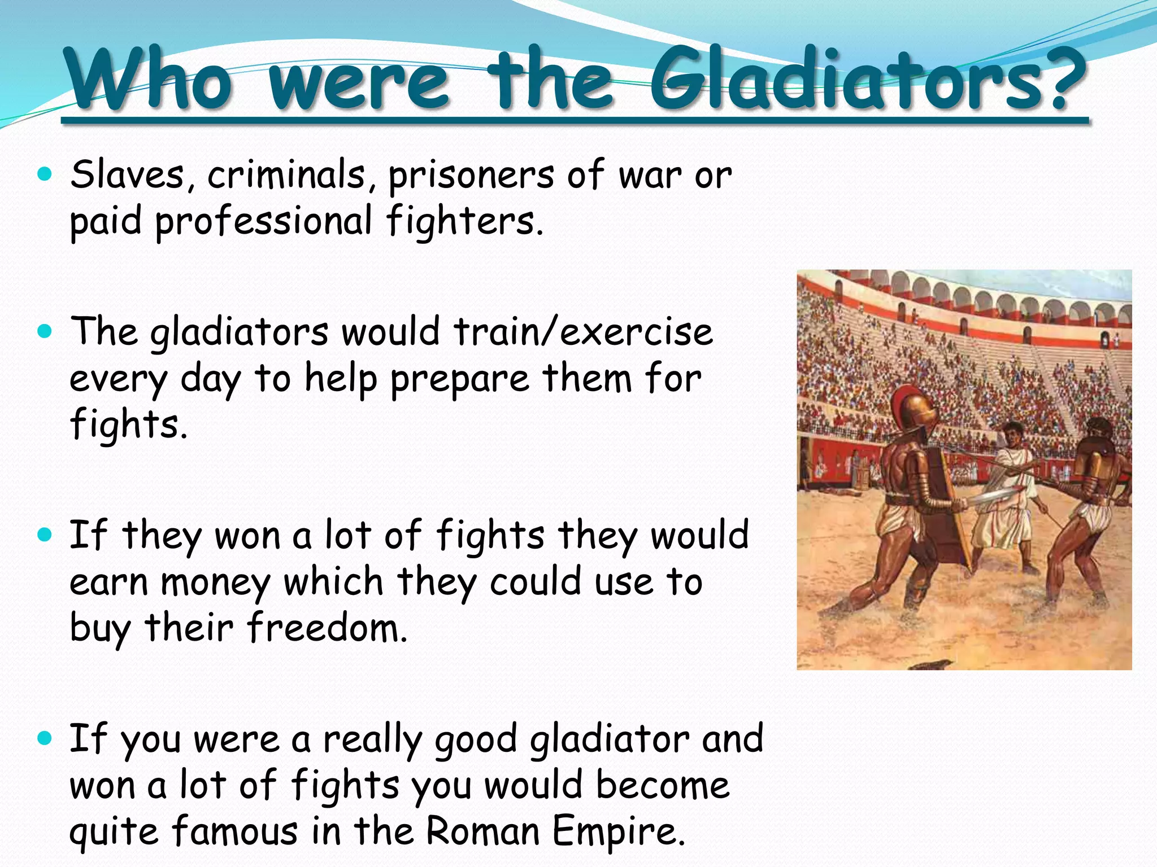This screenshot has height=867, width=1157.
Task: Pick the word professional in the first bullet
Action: coord(263,221)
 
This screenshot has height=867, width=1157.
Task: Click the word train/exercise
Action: coord(583,332)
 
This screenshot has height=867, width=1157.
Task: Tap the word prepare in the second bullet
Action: coord(460,379)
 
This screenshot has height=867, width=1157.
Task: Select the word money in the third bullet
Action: coord(216,583)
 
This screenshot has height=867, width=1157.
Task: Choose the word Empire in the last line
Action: coord(619,832)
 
